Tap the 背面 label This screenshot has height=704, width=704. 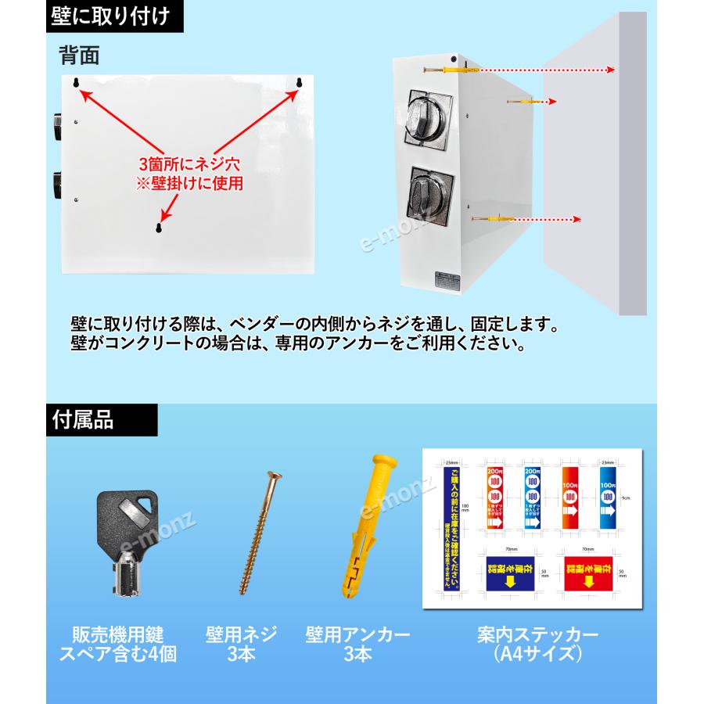point(78,56)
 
